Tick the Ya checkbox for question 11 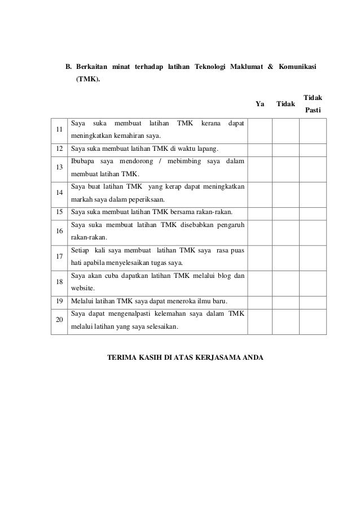pyautogui.click(x=260, y=130)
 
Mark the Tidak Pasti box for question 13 pyautogui.click(x=312, y=168)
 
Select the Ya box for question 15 pyautogui.click(x=260, y=212)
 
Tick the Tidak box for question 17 pyautogui.click(x=286, y=257)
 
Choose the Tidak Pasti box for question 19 pyautogui.click(x=312, y=300)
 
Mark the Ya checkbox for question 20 pyautogui.click(x=260, y=320)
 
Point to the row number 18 pyautogui.click(x=59, y=282)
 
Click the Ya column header pyautogui.click(x=260, y=104)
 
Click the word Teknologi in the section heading pyautogui.click(x=210, y=68)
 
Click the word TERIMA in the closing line pyautogui.click(x=122, y=358)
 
